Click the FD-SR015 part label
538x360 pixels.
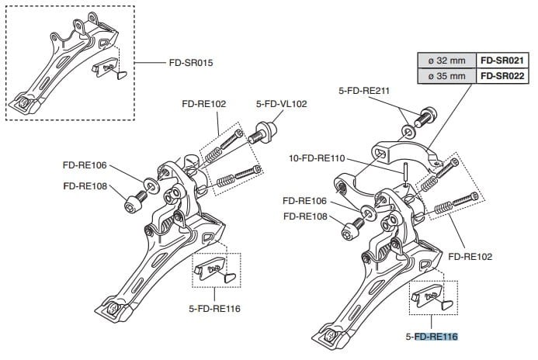(191, 62)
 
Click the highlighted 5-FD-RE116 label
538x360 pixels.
(432, 337)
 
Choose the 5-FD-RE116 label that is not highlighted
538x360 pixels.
(213, 308)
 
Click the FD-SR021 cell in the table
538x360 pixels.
(502, 61)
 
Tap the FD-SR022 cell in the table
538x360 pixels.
(502, 75)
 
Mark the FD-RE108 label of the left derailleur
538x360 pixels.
(85, 186)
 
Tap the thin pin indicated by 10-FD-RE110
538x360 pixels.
(405, 172)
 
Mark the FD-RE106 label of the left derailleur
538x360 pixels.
(85, 165)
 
